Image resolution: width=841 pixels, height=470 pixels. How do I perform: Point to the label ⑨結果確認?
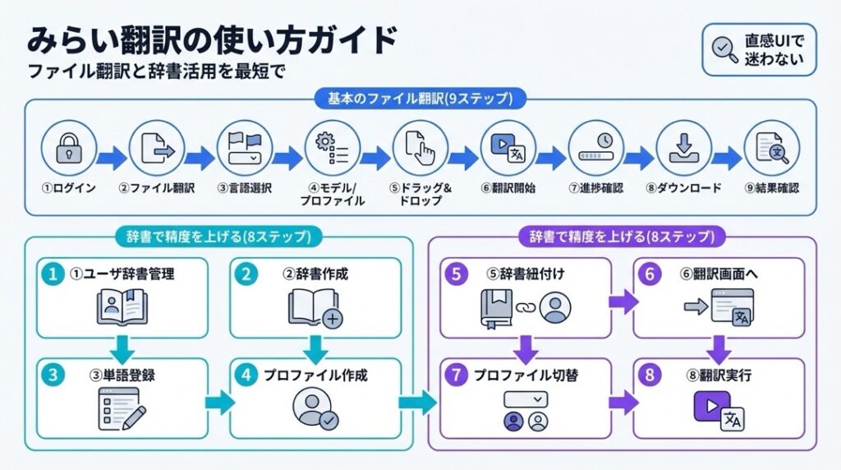[x=771, y=188]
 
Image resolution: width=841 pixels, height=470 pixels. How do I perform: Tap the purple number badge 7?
[x=457, y=376]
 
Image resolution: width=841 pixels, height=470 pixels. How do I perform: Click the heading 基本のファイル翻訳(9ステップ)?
[x=420, y=99]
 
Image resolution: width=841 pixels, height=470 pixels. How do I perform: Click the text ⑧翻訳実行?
[x=722, y=376]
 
